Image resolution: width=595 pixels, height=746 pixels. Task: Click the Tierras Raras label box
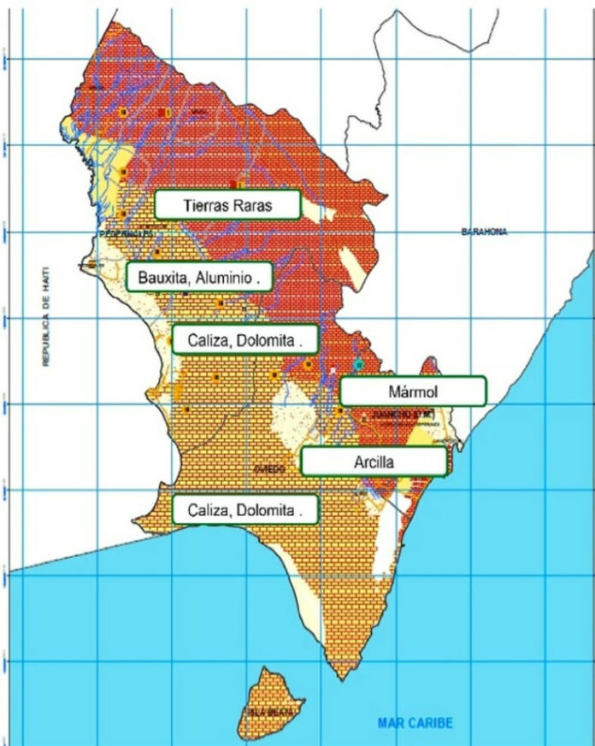pyautogui.click(x=227, y=205)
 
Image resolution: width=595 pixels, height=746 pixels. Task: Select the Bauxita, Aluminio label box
pyautogui.click(x=199, y=277)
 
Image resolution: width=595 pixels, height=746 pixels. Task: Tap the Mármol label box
pyautogui.click(x=413, y=391)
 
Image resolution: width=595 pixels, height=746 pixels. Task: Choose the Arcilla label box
pyautogui.click(x=374, y=461)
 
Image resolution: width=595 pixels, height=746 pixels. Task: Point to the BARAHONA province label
pyautogui.click(x=484, y=232)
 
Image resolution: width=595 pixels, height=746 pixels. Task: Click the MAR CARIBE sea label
pyautogui.click(x=415, y=723)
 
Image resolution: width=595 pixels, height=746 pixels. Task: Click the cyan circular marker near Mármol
pyautogui.click(x=358, y=365)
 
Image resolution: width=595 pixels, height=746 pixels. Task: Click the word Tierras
pyautogui.click(x=205, y=205)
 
